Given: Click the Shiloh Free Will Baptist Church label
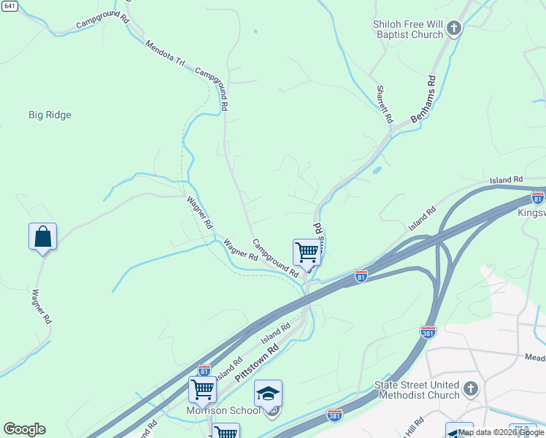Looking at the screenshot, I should pyautogui.click(x=407, y=29).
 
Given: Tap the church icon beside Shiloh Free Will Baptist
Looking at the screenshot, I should pyautogui.click(x=454, y=29).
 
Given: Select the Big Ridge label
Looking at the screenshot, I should pyautogui.click(x=50, y=115).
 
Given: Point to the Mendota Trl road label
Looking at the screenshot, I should pyautogui.click(x=164, y=53).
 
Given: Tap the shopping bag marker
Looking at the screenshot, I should pyautogui.click(x=42, y=237).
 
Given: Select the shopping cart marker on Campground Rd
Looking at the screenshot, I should pyautogui.click(x=307, y=253).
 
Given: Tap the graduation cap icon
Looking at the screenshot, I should pyautogui.click(x=268, y=393).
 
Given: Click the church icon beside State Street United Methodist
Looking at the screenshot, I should pyautogui.click(x=471, y=388).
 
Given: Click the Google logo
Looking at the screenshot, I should pyautogui.click(x=24, y=429).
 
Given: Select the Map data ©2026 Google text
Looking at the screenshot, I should pyautogui.click(x=501, y=433).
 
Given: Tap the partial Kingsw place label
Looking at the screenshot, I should pyautogui.click(x=531, y=213).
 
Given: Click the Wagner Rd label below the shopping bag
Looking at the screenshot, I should pyautogui.click(x=42, y=307).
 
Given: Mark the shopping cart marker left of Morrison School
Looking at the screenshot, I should pyautogui.click(x=202, y=390).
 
